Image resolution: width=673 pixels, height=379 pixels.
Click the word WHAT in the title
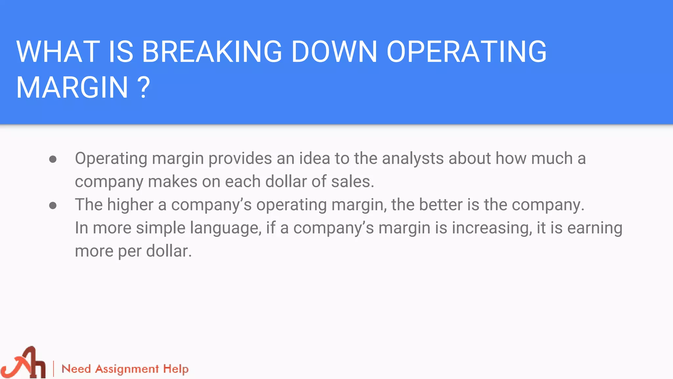click(58, 52)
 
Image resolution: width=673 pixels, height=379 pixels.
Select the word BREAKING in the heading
click(212, 52)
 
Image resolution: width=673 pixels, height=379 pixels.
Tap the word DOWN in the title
click(334, 52)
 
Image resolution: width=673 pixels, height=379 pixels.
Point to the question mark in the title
click(144, 88)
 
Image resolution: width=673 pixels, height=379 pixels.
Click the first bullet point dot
click(53, 160)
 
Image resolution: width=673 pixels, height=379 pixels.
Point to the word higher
click(130, 205)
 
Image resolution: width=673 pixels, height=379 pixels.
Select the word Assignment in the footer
click(127, 369)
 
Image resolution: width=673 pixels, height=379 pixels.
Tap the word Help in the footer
click(176, 369)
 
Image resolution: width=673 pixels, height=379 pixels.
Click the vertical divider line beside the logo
click(54, 369)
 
